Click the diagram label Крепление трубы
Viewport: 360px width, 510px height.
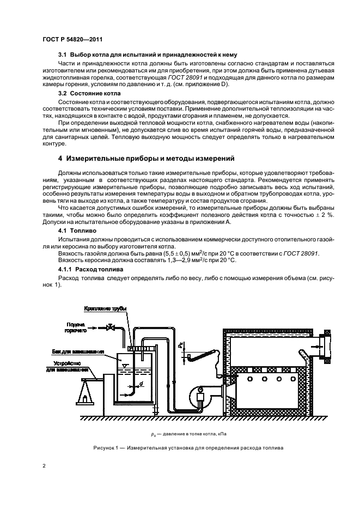pyautogui.click(x=107, y=309)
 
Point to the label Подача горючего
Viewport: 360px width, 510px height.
pyautogui.click(x=76, y=327)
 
